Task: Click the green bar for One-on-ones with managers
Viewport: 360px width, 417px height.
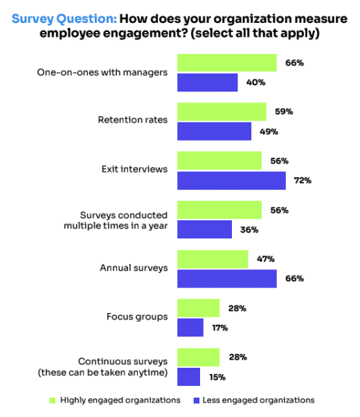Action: [227, 63]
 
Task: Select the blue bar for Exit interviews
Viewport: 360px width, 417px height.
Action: [231, 181]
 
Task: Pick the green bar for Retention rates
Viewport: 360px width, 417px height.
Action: [222, 112]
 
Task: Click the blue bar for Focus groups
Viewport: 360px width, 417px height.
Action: [190, 328]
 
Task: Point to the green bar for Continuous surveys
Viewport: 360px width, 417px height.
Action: [199, 357]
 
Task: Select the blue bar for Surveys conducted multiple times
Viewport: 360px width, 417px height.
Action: [204, 230]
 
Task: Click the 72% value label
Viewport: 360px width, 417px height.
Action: [303, 181]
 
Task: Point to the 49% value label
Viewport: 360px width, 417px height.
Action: [269, 132]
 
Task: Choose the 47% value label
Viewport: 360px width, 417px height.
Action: [265, 259]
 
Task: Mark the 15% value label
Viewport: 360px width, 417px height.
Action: [217, 377]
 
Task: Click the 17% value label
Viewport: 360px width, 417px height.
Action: [220, 328]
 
